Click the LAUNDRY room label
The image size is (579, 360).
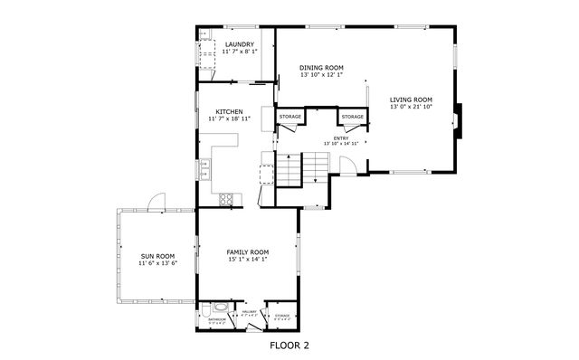click(x=239, y=45)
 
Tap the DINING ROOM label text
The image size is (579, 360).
click(x=321, y=67)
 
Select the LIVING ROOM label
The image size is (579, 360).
click(x=412, y=99)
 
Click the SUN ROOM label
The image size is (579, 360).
click(x=157, y=256)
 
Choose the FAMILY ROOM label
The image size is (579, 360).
click(x=247, y=252)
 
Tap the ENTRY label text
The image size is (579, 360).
click(x=341, y=137)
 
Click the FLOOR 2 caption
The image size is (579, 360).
click(x=289, y=345)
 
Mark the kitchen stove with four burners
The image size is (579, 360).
click(x=226, y=198)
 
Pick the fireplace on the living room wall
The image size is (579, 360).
click(x=460, y=119)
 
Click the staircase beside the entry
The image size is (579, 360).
click(x=302, y=166)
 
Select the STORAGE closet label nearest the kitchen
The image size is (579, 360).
click(x=289, y=117)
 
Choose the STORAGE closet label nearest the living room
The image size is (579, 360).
click(x=352, y=117)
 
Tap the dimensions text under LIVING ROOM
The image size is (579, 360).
click(x=412, y=108)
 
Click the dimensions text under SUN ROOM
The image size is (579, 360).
click(x=157, y=264)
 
